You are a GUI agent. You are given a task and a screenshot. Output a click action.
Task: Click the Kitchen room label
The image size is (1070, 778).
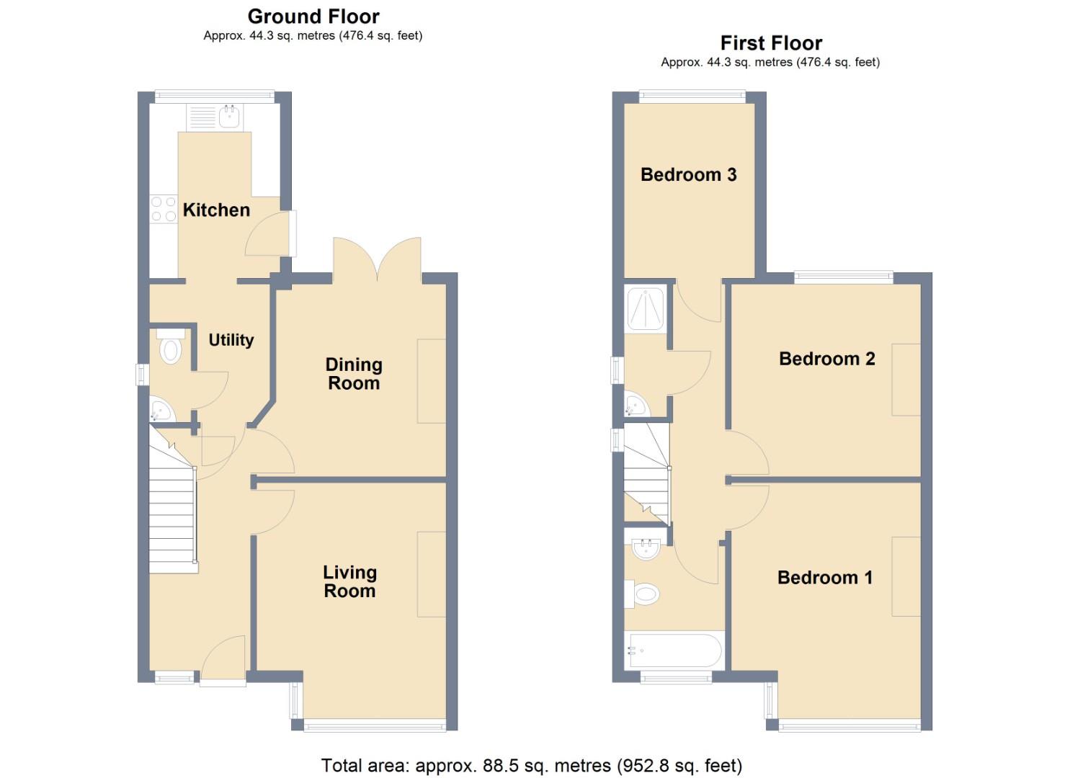pos(216,210)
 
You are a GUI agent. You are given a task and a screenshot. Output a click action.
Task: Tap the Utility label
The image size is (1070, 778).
pos(231,340)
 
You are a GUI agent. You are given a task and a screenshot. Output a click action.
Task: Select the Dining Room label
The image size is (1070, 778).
pos(353,374)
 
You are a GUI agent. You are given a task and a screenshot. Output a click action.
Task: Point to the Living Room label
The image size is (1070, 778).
pos(349,581)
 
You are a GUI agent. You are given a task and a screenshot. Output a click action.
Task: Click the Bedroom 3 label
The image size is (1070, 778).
pos(688,175)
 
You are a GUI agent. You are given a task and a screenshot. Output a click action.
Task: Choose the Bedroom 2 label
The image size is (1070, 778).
pos(826,359)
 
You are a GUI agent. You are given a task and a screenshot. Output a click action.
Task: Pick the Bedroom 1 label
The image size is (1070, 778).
pos(824,578)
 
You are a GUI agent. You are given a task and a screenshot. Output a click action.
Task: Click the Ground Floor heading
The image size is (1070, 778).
pos(313,17)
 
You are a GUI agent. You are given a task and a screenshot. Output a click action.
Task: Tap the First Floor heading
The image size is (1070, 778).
pos(771,43)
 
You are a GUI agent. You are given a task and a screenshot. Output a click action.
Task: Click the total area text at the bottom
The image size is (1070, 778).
pos(531,765)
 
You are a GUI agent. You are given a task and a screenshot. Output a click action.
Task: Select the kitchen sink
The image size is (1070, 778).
pos(229,116)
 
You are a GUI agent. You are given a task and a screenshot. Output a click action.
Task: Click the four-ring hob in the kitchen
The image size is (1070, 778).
pos(164,209)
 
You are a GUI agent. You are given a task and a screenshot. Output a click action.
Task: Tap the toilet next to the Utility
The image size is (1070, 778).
pos(171,349)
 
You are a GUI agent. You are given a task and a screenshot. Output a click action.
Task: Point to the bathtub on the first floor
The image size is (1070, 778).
pos(674,650)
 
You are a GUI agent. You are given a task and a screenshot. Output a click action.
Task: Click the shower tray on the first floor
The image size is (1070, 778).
pos(645,309)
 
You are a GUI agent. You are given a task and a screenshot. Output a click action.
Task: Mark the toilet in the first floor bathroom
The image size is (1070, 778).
pos(644,595)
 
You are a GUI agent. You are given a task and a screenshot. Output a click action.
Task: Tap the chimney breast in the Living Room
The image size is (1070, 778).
pos(432,574)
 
